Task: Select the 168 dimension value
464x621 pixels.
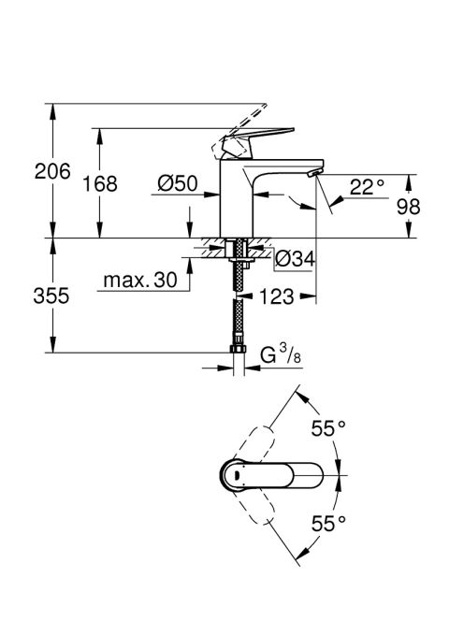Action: (x=100, y=183)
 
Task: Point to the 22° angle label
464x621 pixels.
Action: (x=367, y=186)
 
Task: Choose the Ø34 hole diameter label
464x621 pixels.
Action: (x=294, y=258)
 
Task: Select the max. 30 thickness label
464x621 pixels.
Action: (x=139, y=281)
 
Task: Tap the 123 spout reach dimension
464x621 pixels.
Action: (x=278, y=297)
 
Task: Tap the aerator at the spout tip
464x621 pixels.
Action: (x=314, y=173)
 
